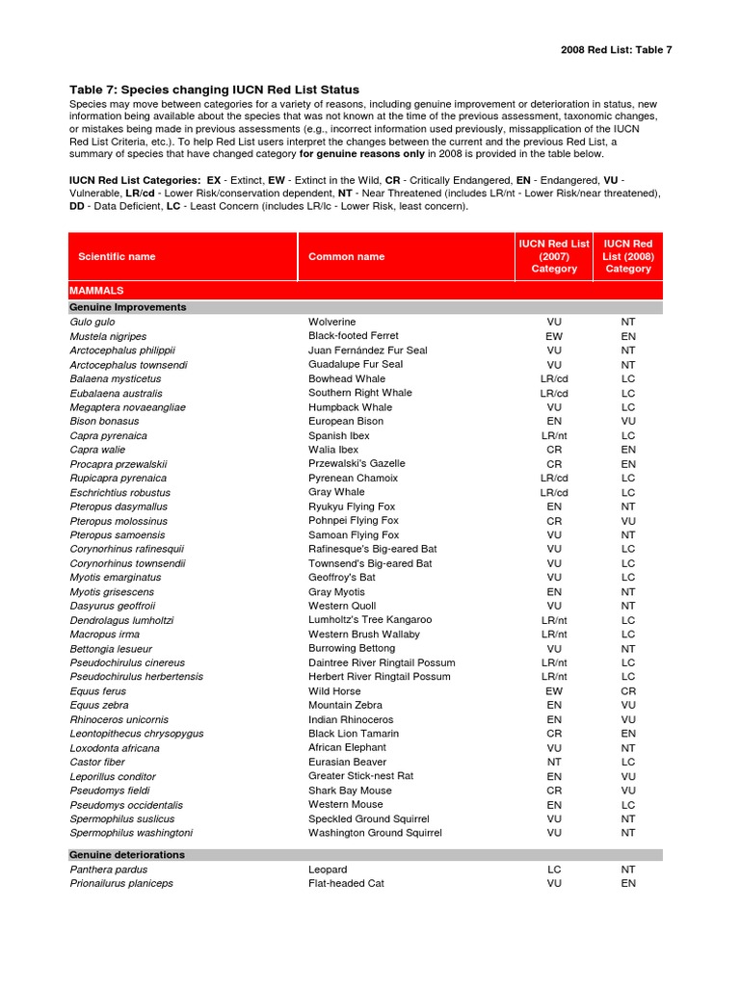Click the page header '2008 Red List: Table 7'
coord(616,50)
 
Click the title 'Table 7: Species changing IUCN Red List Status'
coord(214,90)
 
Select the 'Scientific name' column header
coord(117,256)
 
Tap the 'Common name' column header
coord(346,256)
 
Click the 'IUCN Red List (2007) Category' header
coord(554,256)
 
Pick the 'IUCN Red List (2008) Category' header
coord(628,256)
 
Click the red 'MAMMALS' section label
coord(96,290)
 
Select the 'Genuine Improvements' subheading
coord(128,307)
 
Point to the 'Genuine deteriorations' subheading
coord(127,854)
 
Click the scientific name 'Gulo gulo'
coord(92,322)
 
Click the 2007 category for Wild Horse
coord(554,691)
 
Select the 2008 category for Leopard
coord(628,869)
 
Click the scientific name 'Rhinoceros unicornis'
coord(119,719)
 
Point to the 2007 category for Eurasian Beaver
coord(554,762)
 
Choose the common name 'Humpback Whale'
coord(350,407)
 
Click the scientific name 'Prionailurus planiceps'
coord(121,883)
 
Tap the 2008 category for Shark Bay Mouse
coord(628,791)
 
